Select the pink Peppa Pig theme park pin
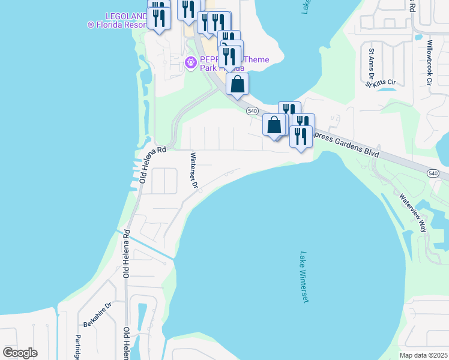click(191, 62)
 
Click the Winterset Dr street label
click(194, 170)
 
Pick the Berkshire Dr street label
click(98, 314)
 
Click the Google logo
click(20, 353)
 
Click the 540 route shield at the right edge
click(433, 173)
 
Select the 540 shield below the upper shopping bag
click(252, 111)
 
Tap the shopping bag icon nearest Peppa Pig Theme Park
click(238, 84)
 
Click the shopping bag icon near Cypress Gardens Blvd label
click(274, 125)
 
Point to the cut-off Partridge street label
click(77, 347)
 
